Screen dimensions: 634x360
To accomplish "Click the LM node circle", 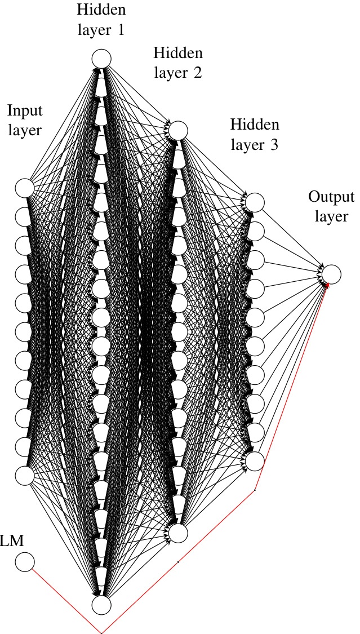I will pos(25,562).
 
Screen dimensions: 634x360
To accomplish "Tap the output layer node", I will pos(332,274).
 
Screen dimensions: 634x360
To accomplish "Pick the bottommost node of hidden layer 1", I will pos(102,605).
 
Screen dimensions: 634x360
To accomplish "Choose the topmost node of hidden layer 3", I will pos(255,202).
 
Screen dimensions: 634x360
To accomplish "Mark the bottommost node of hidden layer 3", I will pos(255,460).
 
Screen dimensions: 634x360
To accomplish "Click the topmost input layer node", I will pos(25,188).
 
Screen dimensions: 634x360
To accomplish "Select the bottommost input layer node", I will pos(25,475).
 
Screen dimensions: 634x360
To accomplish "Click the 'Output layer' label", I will pos(331,206).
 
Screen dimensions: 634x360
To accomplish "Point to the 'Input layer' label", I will pos(25,119).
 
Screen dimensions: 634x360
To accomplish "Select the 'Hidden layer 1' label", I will pos(101,19).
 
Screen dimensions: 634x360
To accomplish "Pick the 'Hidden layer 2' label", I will pos(178,63).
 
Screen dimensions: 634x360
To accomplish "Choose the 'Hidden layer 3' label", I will pos(255,134).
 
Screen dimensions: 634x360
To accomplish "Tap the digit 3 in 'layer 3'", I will pos(274,145).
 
